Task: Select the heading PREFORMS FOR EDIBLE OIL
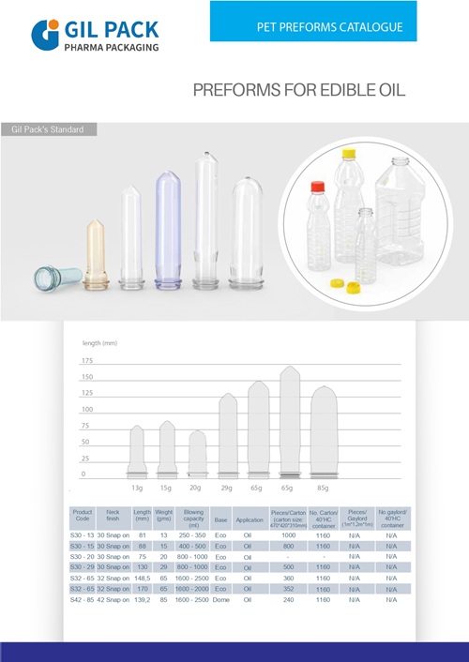tap(298, 91)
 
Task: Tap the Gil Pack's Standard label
tap(48, 128)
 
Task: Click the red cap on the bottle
tap(315, 188)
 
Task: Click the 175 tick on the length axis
tap(87, 361)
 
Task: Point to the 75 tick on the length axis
tap(87, 426)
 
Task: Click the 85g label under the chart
tap(323, 489)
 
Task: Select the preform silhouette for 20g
tap(197, 454)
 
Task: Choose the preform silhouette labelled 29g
tap(227, 436)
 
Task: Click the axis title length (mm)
tap(99, 344)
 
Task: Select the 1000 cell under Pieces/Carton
tap(289, 534)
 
